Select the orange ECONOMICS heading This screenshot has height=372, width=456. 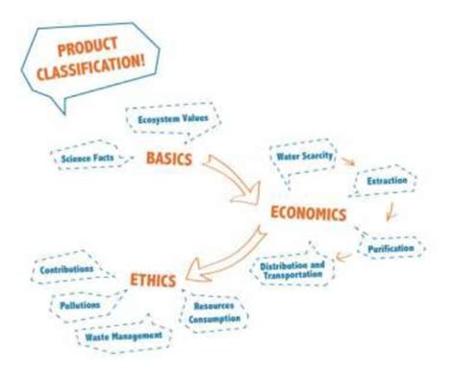307,212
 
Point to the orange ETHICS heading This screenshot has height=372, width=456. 153,280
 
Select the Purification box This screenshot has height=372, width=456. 392,248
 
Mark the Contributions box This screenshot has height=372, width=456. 67,270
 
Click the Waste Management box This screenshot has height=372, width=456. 121,336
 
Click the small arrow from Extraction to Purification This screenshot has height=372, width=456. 390,211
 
